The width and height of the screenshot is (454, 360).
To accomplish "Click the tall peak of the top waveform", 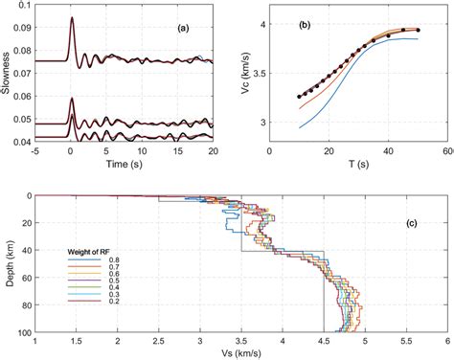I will (x=71, y=19).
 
